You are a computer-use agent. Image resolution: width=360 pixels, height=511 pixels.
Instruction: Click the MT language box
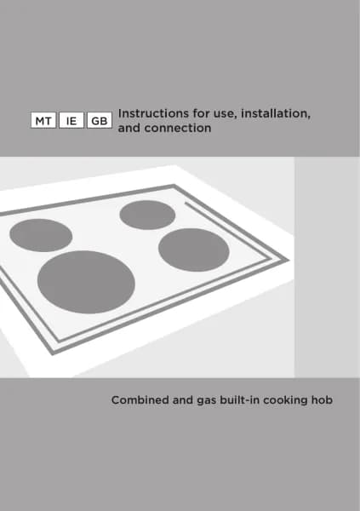click(x=43, y=120)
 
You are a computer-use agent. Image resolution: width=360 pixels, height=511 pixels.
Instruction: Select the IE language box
click(x=71, y=120)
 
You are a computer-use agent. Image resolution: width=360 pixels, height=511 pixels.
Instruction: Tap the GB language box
click(x=100, y=120)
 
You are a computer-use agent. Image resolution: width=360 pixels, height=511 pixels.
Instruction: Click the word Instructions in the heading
click(x=153, y=113)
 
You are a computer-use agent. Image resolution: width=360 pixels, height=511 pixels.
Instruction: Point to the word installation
click(x=276, y=114)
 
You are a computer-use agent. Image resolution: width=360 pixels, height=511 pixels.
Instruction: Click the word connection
click(x=178, y=128)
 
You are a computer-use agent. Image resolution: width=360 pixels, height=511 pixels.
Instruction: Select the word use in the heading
click(x=226, y=114)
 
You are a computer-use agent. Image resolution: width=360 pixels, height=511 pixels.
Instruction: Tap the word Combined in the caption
click(x=140, y=400)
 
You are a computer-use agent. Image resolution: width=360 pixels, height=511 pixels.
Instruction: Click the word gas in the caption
click(x=207, y=401)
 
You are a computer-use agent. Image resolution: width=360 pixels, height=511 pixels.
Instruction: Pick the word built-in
click(x=239, y=400)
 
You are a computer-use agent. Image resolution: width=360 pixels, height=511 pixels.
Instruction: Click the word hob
click(x=322, y=400)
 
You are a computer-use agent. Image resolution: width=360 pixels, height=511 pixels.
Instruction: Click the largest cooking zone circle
click(x=86, y=282)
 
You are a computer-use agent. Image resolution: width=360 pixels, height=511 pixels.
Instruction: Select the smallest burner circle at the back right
click(x=147, y=215)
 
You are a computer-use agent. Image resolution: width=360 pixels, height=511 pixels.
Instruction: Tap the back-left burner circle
click(x=41, y=235)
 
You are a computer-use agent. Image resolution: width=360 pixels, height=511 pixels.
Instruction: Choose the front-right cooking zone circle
click(x=194, y=250)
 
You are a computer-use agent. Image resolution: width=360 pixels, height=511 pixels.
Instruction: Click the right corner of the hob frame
click(x=289, y=261)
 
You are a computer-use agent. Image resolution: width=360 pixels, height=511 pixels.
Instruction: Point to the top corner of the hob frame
click(x=174, y=185)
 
